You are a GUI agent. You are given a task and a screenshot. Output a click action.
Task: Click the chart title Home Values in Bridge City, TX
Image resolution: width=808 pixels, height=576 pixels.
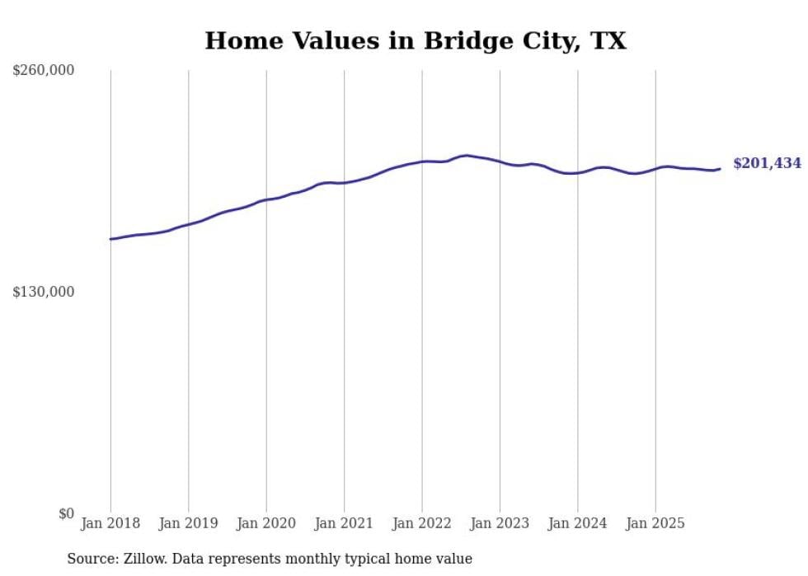[416, 41]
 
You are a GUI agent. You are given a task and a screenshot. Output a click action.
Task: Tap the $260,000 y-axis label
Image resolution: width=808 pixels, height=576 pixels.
[44, 71]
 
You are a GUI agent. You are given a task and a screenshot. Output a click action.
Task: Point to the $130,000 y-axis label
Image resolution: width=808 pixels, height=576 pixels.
[44, 292]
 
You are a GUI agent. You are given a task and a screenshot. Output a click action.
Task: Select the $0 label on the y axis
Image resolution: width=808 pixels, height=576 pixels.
[66, 513]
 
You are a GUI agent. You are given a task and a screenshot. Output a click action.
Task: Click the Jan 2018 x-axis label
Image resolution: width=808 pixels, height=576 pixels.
[110, 523]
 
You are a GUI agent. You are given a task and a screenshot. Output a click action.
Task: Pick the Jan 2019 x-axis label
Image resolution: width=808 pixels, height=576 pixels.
[188, 523]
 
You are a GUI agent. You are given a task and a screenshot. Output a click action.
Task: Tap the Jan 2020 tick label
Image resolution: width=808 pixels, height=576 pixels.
[266, 523]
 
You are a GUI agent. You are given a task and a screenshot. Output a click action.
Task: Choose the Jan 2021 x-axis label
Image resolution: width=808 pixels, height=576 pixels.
[344, 523]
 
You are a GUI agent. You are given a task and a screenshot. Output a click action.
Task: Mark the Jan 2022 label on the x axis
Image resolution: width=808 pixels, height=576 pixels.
[422, 523]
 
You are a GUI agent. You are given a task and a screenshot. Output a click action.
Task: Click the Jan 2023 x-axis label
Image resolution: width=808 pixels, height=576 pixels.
[500, 523]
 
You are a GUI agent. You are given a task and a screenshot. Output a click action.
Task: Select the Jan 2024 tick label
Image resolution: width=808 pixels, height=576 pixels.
[578, 523]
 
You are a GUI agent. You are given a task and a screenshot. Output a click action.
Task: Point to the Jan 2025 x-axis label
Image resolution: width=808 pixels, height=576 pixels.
[655, 523]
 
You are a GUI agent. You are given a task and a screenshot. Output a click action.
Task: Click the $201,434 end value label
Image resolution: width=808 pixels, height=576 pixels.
[767, 164]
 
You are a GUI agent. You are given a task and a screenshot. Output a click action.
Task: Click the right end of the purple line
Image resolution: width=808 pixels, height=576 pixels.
[720, 169]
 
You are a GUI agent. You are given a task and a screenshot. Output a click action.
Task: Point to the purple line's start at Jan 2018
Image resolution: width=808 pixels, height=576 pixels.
[110, 239]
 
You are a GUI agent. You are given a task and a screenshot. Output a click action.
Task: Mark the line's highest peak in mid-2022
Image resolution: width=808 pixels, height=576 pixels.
[467, 155]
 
